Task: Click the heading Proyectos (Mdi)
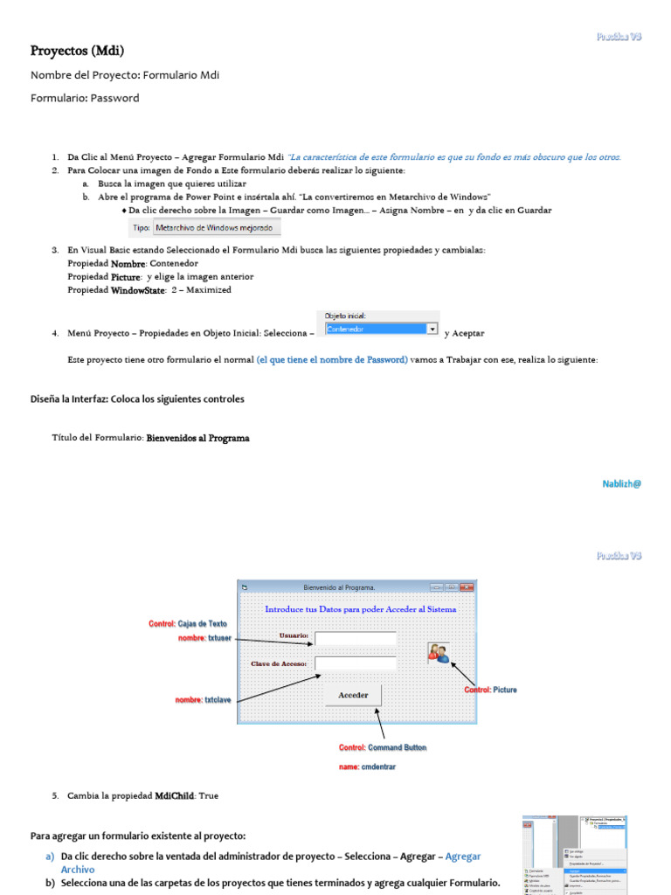[71, 51]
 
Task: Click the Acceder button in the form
[353, 695]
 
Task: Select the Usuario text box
[355, 638]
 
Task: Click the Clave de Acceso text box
[355, 664]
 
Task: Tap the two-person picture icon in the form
[438, 652]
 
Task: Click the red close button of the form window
[467, 587]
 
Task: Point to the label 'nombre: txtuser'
[204, 638]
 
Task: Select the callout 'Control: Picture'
[490, 690]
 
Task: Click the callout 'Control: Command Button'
[383, 748]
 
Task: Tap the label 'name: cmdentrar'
[367, 767]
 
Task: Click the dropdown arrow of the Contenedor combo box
[432, 329]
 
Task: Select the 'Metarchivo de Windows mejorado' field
[217, 228]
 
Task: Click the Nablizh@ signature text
[621, 483]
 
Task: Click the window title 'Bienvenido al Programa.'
[339, 587]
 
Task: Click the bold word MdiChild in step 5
[175, 796]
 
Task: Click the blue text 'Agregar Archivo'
[462, 857]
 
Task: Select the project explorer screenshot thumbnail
[575, 854]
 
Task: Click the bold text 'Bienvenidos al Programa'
[197, 438]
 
